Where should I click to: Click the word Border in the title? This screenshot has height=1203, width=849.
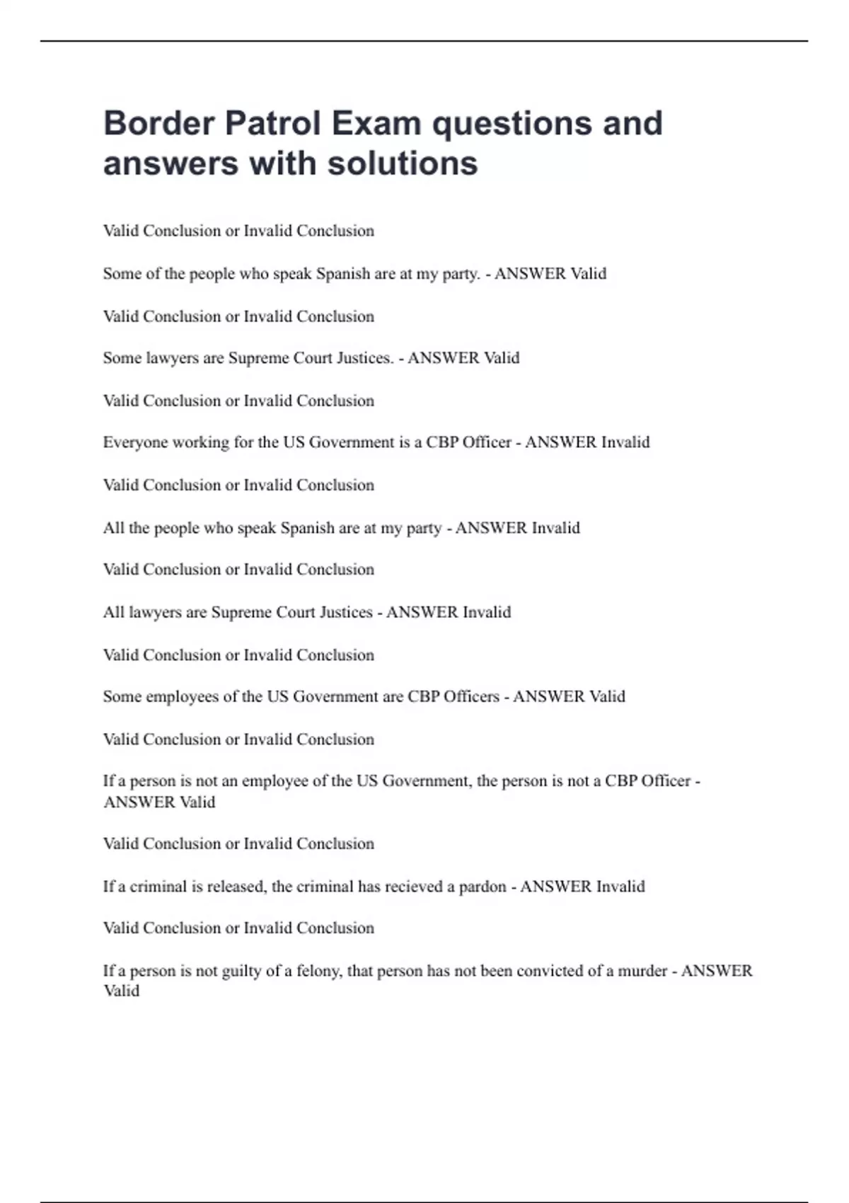[159, 123]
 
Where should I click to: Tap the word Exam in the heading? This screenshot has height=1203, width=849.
[376, 123]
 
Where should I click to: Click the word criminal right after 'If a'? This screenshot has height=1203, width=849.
[158, 887]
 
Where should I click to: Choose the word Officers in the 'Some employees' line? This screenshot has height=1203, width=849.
[471, 697]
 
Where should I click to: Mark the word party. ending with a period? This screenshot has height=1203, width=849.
[461, 274]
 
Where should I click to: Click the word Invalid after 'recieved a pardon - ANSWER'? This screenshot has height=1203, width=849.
[620, 887]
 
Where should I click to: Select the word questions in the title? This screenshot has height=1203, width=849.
[512, 123]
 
